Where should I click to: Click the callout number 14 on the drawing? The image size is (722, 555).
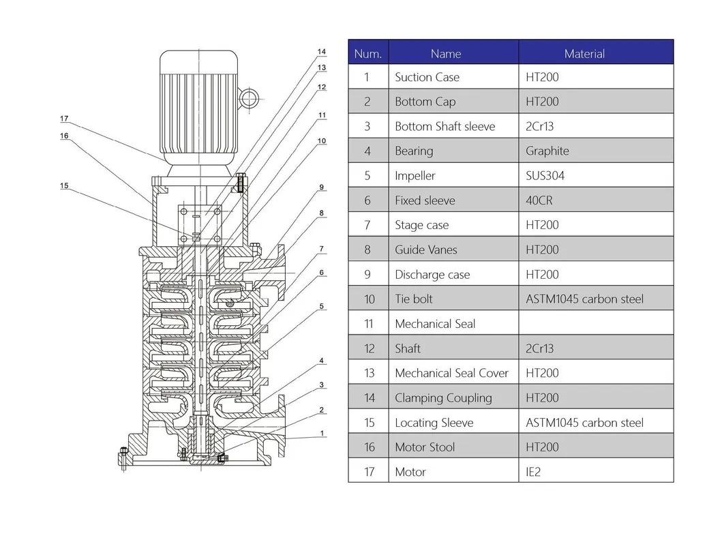click(322, 52)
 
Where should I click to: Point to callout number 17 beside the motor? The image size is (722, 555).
click(64, 119)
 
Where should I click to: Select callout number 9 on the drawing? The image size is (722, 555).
click(322, 187)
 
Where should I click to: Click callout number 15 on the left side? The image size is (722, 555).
click(64, 185)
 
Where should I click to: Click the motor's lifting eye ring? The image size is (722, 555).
click(248, 97)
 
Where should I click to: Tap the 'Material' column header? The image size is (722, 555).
click(584, 53)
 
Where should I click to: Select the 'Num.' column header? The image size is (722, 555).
click(368, 53)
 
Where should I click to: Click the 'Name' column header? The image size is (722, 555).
click(446, 53)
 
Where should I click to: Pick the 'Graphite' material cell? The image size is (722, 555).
click(547, 151)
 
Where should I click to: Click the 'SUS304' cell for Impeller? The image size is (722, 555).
click(545, 175)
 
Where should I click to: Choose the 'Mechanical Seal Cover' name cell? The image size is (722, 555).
click(451, 373)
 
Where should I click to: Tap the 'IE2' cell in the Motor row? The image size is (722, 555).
click(533, 471)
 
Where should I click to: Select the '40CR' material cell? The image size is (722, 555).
click(538, 200)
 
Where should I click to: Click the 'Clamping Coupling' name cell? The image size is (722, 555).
click(443, 397)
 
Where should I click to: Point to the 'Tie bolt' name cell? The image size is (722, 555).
click(413, 299)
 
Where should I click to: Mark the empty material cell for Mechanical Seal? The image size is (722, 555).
click(595, 323)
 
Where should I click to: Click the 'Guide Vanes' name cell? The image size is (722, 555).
click(425, 250)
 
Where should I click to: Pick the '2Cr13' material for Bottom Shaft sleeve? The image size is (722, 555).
click(539, 126)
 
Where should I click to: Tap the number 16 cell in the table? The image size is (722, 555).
click(369, 447)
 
